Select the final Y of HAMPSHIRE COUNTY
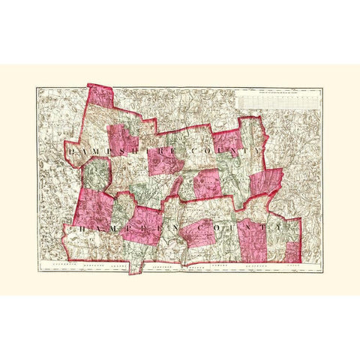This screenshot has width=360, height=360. (x=259, y=151)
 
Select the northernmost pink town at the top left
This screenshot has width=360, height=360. (x=102, y=97)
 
